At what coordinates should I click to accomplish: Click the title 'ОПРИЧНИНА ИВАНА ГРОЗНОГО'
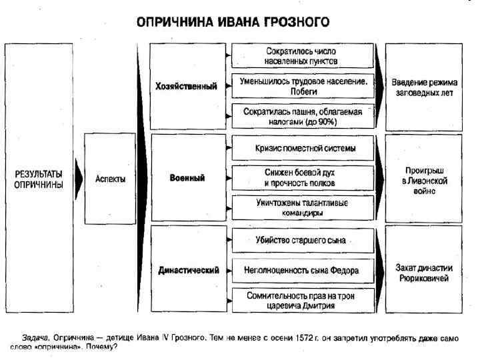tap(233, 21)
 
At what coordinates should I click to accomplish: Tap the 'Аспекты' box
tap(110, 179)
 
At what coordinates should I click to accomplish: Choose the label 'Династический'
tap(188, 270)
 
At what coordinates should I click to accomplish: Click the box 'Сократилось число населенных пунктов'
tap(301, 56)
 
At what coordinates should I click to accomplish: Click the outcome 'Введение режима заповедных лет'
tap(423, 87)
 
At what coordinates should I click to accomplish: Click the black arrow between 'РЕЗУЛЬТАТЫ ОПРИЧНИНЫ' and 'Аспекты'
tap(79, 179)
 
